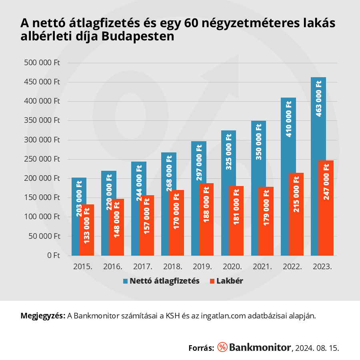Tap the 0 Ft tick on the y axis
tap(54, 255)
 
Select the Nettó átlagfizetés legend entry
tap(161, 281)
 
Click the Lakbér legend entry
tap(226, 281)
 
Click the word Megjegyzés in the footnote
tap(42, 316)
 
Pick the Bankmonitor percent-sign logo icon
tap(222, 347)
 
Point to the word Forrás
tap(201, 348)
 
